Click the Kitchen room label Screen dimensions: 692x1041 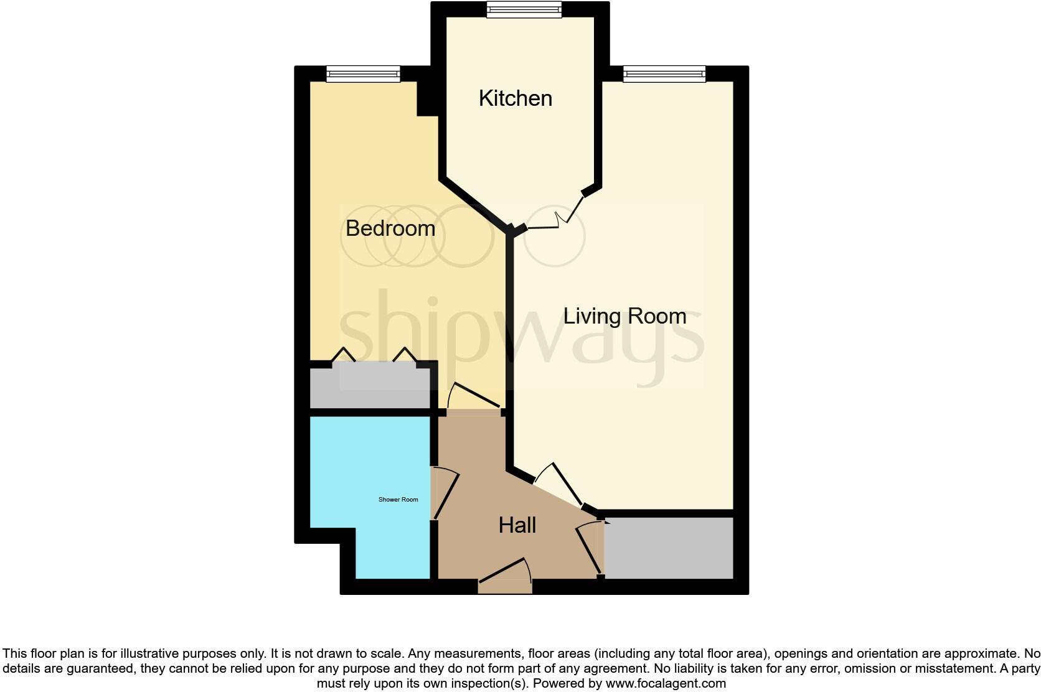pos(515,98)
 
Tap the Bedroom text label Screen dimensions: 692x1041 pos(390,228)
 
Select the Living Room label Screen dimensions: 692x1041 pos(624,316)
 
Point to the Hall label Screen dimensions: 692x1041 pos(517,525)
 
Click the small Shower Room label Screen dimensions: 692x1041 pos(398,500)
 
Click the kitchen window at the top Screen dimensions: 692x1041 pos(524,9)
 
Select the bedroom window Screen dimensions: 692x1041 pos(364,74)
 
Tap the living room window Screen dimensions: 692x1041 pos(664,74)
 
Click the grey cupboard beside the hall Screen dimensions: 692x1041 pos(669,548)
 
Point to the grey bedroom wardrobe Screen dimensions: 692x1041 pos(370,388)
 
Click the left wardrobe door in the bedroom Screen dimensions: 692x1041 pos(343,356)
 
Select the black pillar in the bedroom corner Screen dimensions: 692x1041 pos(426,98)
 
